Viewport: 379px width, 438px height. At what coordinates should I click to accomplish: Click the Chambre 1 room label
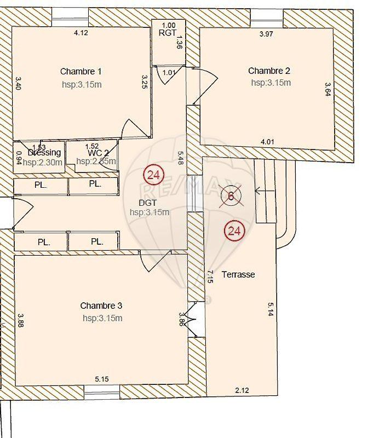point(81,71)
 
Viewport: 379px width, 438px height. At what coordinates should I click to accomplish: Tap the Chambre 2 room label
point(269,71)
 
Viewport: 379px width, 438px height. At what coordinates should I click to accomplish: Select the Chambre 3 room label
point(101,306)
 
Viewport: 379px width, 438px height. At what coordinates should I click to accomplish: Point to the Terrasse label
point(238,274)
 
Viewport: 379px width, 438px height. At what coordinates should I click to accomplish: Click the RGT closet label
point(167,33)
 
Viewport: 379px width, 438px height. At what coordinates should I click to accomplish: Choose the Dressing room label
point(44,153)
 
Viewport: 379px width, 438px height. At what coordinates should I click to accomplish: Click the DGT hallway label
point(148,203)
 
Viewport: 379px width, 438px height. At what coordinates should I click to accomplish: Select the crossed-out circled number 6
point(231,195)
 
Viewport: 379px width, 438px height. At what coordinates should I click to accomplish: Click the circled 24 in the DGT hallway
point(153,175)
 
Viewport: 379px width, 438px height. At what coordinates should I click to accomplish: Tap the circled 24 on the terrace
point(234,231)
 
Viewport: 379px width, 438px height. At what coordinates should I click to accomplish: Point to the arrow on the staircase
point(265,191)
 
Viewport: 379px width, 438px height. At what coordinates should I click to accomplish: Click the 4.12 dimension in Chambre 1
point(81,33)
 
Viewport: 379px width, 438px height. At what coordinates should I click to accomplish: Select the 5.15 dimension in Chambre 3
point(102,378)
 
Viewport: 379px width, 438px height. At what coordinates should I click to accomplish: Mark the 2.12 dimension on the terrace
point(242,390)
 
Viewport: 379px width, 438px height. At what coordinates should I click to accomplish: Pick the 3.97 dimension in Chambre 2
point(267,34)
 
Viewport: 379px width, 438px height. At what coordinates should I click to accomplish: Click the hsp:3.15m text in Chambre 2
point(271,83)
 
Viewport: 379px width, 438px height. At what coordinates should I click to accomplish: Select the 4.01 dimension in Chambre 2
point(267,142)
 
